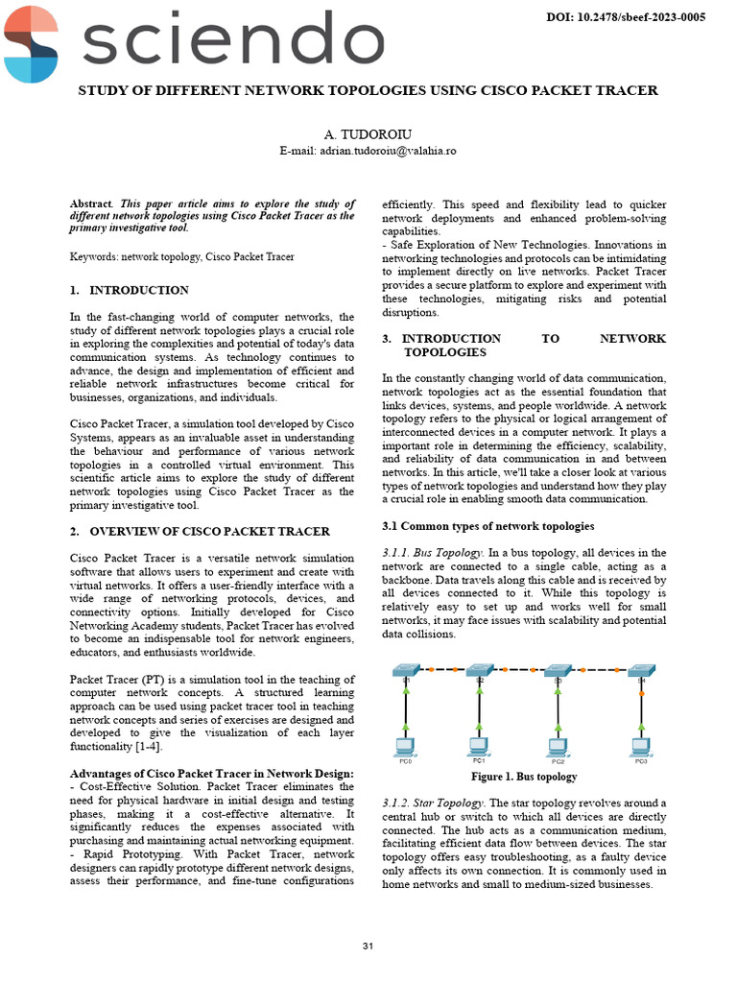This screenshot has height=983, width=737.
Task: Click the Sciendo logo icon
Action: point(31,43)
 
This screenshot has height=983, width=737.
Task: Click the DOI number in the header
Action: point(626,17)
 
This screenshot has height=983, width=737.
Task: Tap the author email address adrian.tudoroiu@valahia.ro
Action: point(368,151)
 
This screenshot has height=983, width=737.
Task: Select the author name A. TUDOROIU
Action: point(368,134)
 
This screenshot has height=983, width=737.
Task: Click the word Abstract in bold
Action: point(91,204)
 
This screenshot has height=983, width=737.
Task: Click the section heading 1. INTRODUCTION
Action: point(130,290)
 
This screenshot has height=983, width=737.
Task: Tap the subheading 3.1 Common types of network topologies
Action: point(487,526)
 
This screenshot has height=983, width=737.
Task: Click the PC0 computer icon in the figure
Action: point(406,746)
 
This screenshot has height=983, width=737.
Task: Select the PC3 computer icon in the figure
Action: point(641,746)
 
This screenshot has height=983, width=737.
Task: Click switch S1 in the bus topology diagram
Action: point(406,671)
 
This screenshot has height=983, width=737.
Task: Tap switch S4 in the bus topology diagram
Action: point(641,671)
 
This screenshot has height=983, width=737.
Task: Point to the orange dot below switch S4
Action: point(641,693)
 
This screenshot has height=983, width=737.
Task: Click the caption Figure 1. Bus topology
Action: point(524,776)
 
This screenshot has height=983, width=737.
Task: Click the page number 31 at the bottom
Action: point(368,947)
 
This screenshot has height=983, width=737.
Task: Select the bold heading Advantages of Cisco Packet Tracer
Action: point(211,774)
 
